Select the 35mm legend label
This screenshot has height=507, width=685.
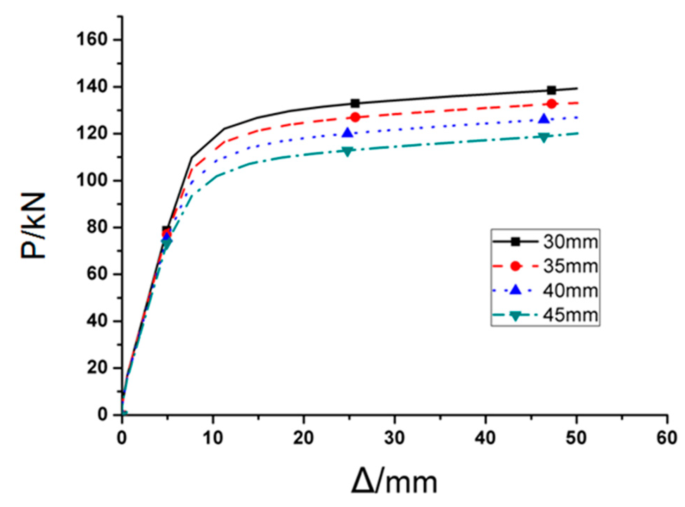570,266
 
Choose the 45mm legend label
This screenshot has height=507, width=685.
570,315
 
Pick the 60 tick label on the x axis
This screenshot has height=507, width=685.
667,438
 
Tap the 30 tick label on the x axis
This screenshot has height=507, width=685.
394,438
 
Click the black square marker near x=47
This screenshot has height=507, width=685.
552,90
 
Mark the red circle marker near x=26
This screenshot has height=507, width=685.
355,117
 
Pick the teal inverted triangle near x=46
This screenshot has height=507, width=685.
544,138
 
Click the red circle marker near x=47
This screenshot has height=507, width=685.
552,104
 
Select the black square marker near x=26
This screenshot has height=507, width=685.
355,104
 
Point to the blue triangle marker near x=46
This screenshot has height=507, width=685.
544,119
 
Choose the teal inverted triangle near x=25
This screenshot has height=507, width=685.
348,152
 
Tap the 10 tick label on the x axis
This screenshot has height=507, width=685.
213,438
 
